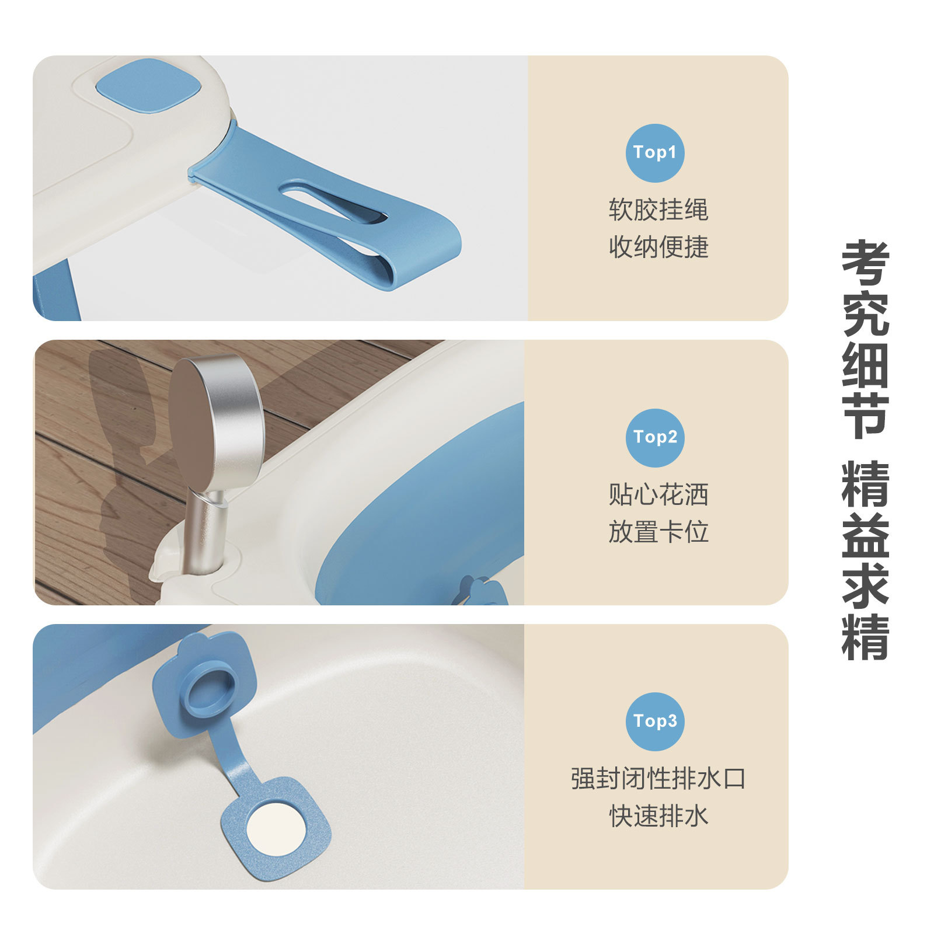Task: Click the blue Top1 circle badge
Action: tap(654, 153)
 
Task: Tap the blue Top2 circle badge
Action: tap(654, 437)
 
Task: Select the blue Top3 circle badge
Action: tap(654, 722)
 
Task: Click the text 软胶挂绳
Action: tap(658, 210)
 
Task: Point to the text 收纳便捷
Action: tap(658, 247)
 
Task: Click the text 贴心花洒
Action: tap(658, 494)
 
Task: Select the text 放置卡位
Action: tap(658, 532)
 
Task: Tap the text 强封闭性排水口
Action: tap(658, 779)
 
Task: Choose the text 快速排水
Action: tap(658, 816)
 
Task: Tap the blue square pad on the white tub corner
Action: tap(149, 86)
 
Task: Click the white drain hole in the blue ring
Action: tap(276, 829)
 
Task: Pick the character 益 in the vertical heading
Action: tap(865, 535)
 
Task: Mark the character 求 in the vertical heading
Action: tap(865, 586)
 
